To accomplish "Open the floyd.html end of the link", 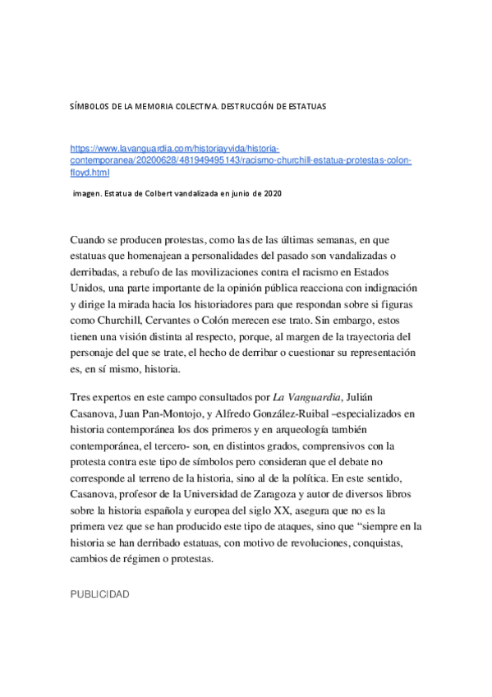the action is pyautogui.click(x=90, y=173).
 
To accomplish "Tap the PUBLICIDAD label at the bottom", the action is pyautogui.click(x=99, y=593).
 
